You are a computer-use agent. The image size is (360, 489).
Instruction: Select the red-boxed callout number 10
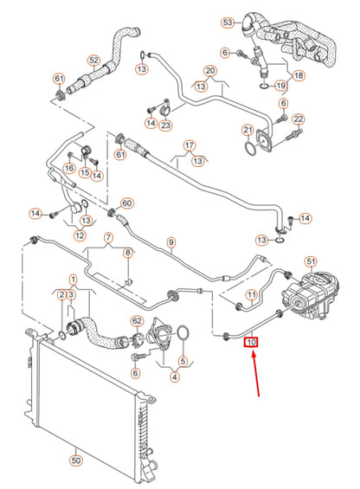tap(252, 343)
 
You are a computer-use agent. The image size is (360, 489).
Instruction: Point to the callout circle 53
tap(228, 23)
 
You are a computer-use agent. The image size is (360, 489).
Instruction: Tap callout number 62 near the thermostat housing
tap(136, 321)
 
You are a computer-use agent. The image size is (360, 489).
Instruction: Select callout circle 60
tap(126, 204)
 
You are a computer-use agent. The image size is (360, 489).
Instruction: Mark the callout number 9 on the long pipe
tap(171, 241)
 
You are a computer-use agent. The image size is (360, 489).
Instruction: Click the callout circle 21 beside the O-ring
tap(247, 130)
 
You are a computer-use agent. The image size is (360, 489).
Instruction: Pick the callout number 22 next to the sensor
tap(297, 119)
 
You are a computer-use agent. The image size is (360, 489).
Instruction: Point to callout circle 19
tap(280, 86)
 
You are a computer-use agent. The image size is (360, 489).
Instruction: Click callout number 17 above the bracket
tap(190, 147)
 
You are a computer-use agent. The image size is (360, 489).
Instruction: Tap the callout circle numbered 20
tap(209, 70)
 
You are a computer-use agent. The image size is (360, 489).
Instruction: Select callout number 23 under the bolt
tap(165, 124)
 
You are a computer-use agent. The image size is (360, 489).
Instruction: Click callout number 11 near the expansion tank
tap(251, 295)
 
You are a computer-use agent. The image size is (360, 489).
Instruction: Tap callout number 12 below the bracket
tap(80, 235)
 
